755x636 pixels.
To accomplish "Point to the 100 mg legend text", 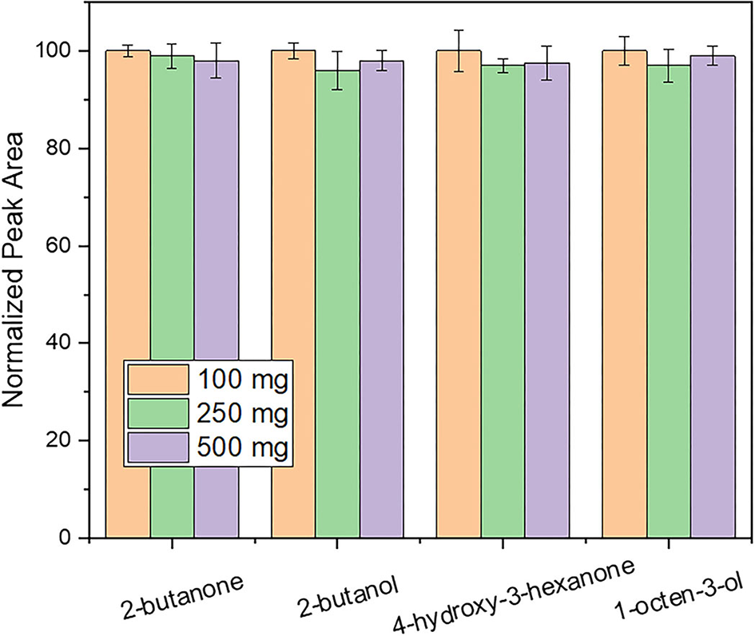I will pyautogui.click(x=240, y=378).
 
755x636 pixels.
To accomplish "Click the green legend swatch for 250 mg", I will pyautogui.click(x=157, y=414).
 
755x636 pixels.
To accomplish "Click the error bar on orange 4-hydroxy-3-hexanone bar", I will pyautogui.click(x=458, y=50).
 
